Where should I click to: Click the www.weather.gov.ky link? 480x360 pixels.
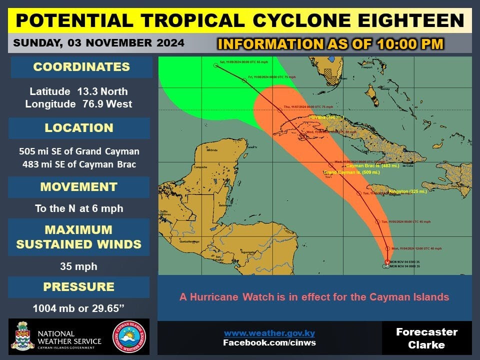[x=269, y=333]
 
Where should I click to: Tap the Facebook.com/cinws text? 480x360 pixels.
[x=269, y=343]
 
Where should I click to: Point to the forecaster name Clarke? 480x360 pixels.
[x=426, y=345]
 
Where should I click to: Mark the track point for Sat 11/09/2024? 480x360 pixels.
[x=216, y=65]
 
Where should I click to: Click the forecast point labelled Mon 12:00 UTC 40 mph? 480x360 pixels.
[x=387, y=248]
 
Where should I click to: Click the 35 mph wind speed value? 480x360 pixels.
[x=79, y=266]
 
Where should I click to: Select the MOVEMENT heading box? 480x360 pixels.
[x=79, y=187]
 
